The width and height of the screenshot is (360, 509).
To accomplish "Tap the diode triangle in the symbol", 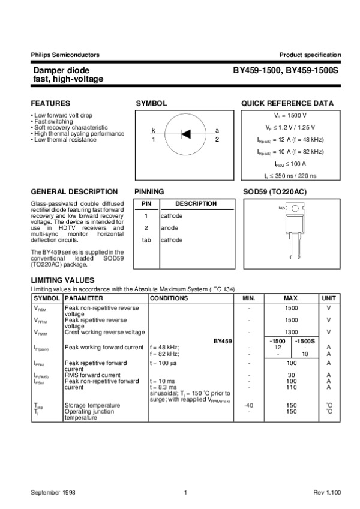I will point(185,134).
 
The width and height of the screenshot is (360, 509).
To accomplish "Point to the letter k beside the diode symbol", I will point(153,130).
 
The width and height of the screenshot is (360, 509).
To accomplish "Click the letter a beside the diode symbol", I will point(217,130).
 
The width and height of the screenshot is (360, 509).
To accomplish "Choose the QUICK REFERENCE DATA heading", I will point(287,103).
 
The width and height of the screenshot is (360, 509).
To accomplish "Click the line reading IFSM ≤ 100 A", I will point(290,163).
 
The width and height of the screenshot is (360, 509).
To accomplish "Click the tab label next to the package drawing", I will point(281,208).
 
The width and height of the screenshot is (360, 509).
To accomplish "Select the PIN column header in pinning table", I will point(146,203).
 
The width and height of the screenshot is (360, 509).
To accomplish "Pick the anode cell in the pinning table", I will point(169,228).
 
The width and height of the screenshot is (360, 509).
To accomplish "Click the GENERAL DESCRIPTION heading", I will point(74,191).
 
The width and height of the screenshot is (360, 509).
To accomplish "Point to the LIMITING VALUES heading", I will point(62,280).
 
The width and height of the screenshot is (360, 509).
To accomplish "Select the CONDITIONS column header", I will point(169,298).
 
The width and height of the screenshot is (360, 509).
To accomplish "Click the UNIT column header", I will point(329,298).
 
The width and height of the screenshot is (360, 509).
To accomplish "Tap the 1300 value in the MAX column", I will point(291,332).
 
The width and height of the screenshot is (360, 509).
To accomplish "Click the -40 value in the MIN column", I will point(249,405).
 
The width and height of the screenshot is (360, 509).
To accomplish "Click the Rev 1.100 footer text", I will point(327,492).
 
